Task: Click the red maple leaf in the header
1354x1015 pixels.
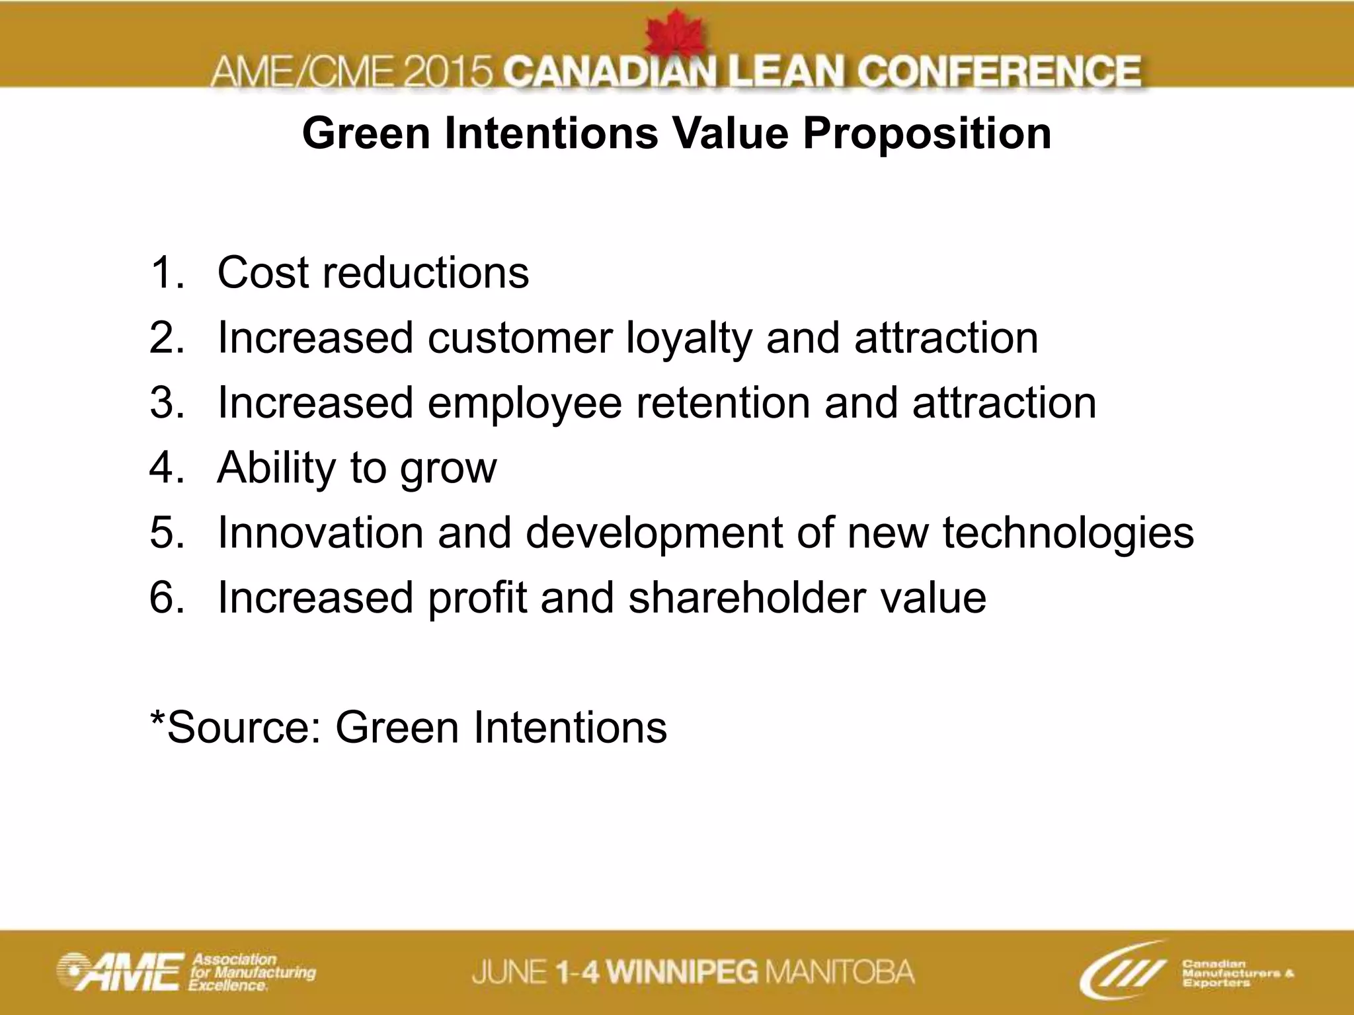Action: (674, 36)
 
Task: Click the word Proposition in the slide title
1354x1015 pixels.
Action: (927, 133)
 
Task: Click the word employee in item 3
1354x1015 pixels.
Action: (524, 403)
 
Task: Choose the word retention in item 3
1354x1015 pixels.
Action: (723, 403)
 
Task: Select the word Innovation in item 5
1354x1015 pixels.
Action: (320, 533)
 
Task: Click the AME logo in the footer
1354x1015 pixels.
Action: (119, 972)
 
